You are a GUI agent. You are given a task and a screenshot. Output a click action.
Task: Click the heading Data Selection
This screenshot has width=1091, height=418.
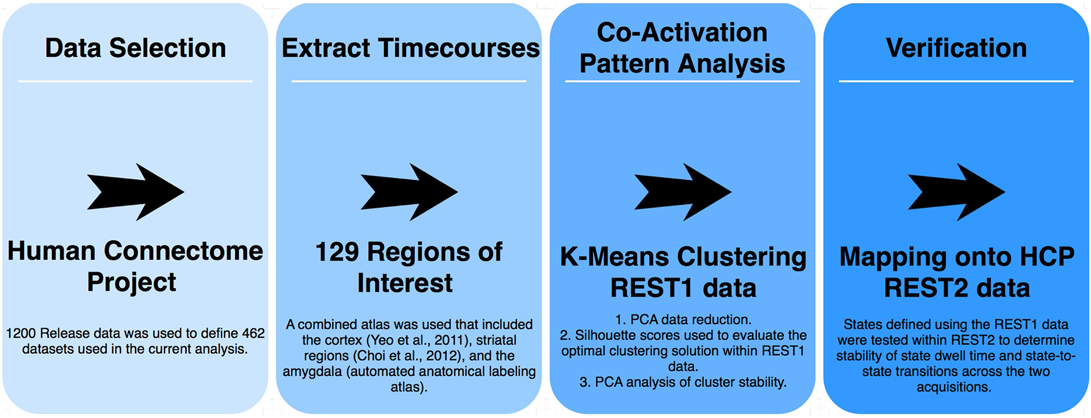[135, 48]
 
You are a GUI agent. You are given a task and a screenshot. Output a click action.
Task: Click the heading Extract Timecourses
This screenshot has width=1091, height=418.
[411, 48]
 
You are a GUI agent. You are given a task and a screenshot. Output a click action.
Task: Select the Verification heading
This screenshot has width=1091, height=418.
[956, 48]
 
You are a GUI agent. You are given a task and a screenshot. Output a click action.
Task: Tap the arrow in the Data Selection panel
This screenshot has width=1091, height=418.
[135, 192]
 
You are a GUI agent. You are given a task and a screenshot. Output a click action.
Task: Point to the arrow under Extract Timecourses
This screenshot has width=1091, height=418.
[409, 192]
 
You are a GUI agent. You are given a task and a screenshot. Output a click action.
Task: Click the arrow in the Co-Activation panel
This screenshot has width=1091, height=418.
[683, 192]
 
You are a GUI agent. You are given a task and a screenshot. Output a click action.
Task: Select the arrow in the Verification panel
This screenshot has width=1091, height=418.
[957, 192]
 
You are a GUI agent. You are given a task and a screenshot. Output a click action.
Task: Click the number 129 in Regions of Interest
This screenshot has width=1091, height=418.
[337, 252]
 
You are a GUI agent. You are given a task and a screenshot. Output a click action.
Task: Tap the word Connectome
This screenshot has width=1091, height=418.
[184, 251]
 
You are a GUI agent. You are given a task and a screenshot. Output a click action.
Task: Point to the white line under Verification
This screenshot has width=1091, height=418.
[956, 81]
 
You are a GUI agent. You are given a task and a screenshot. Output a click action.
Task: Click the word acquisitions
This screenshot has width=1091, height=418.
[954, 387]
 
